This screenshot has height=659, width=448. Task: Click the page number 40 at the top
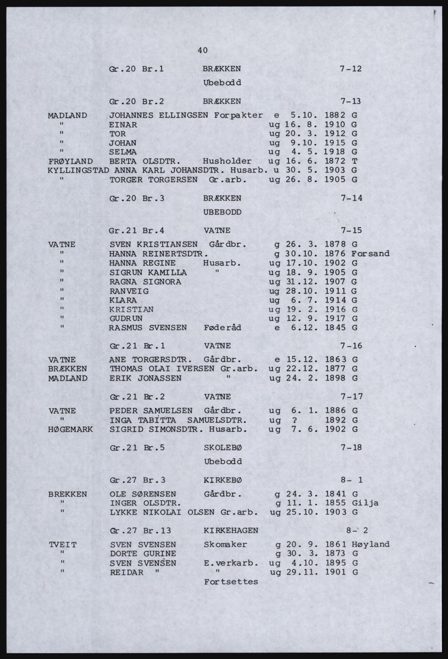coord(203,50)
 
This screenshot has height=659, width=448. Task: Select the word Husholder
coord(227,161)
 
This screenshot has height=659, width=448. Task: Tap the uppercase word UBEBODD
coord(223,212)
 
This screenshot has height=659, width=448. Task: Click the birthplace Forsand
coord(370,253)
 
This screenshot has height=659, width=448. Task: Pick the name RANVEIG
coord(129,291)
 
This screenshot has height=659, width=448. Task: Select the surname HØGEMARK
coord(71,429)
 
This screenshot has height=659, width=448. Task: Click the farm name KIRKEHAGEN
coord(231,530)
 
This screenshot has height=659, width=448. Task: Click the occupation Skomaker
coord(225,544)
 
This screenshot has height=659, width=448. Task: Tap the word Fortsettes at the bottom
coord(231,582)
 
